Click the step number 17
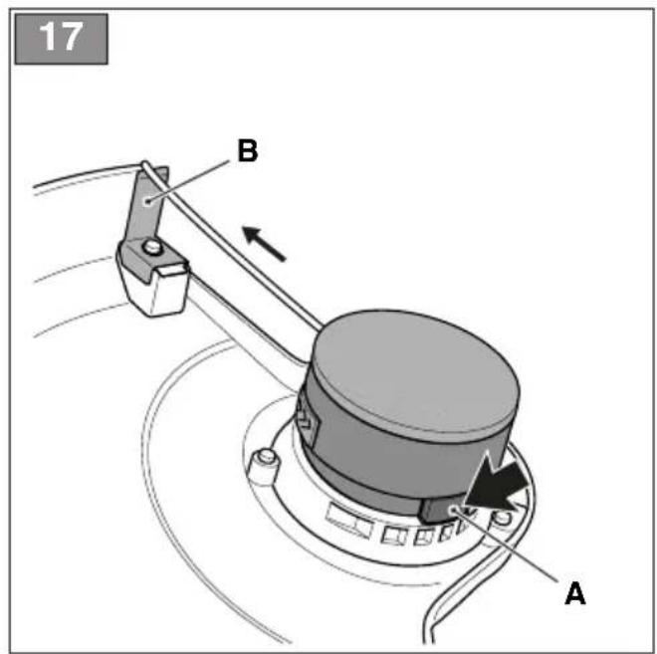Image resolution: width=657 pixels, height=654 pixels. click(61, 37)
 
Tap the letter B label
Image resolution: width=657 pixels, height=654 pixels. click(248, 150)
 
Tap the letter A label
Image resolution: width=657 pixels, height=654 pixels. click(575, 593)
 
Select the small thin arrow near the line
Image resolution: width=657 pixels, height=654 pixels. click(265, 244)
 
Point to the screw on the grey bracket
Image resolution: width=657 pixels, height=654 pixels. click(150, 247)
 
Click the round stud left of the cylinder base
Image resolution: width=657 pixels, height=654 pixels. click(264, 462)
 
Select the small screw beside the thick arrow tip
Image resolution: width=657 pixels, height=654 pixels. click(503, 518)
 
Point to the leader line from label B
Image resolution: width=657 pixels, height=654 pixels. click(188, 181)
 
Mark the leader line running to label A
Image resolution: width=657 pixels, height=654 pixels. click(506, 545)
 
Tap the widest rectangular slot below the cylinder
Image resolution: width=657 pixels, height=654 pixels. click(348, 520)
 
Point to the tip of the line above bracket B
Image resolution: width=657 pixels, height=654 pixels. click(144, 163)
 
